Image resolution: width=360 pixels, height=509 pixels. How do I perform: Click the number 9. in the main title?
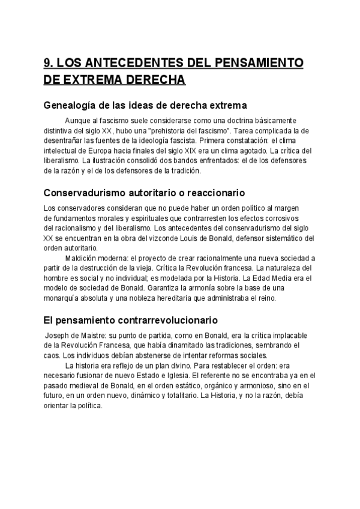pos(50,63)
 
